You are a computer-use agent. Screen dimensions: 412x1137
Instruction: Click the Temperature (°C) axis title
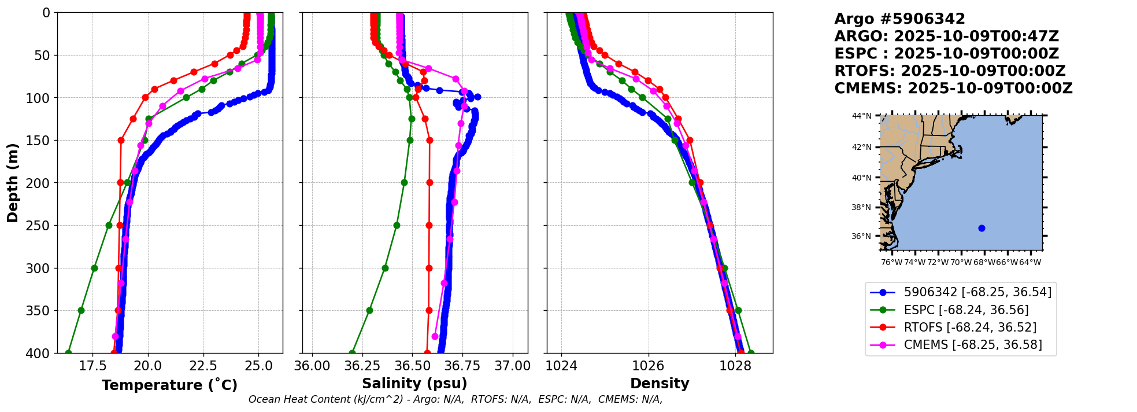coord(169,385)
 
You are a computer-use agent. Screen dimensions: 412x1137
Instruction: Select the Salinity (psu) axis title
coord(414,384)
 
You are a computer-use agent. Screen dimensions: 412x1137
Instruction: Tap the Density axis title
coord(660,384)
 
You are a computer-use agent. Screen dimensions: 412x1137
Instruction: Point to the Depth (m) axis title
coord(13,183)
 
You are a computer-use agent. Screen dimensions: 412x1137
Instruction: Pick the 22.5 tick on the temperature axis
coord(203,366)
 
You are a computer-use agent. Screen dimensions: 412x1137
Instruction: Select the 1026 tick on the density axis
coord(648,366)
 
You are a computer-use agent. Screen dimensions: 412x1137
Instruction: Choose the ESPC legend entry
coord(960,310)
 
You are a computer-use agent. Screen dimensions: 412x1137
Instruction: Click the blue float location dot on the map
coord(982,229)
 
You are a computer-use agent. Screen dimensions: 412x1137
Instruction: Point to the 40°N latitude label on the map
coord(861,178)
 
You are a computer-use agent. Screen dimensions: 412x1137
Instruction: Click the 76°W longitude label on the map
coord(891,263)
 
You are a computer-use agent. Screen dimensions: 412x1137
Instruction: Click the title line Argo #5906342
coord(899,19)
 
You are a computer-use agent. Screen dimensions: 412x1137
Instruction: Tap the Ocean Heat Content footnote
coord(455,399)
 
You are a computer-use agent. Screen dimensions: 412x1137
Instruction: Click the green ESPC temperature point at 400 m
coord(68,353)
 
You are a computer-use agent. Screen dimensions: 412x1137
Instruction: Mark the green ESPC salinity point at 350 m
coord(369,311)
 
